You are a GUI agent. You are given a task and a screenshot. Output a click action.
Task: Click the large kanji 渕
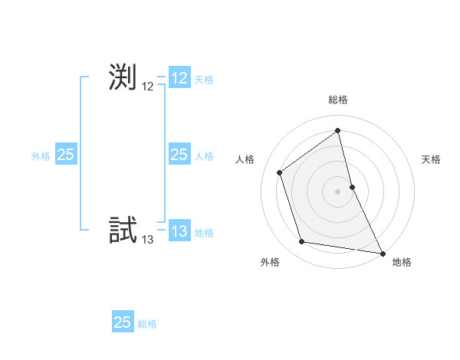[x=123, y=77]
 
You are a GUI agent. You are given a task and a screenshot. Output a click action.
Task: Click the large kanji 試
[x=123, y=231]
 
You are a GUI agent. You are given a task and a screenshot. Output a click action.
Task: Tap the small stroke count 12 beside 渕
[x=148, y=87]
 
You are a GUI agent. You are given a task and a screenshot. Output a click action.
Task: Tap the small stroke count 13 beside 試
[x=148, y=240]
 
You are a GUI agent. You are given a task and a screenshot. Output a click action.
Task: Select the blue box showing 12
[x=179, y=78]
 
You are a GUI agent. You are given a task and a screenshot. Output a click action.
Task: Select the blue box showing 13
[x=179, y=231]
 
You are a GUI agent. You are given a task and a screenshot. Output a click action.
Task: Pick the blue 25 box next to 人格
[x=179, y=155]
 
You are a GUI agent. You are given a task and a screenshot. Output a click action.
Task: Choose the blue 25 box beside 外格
[x=66, y=155]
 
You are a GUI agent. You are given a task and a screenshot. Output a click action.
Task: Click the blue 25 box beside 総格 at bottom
[x=123, y=322]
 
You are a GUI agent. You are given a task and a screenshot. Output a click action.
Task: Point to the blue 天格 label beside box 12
[x=204, y=80]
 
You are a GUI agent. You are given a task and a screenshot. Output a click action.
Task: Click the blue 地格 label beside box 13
[x=204, y=233]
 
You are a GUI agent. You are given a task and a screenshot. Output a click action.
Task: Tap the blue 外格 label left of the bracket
[x=41, y=156]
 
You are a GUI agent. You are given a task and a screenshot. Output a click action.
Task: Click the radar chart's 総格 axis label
[x=338, y=100]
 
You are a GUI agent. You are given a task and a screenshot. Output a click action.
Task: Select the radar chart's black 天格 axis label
[x=431, y=159]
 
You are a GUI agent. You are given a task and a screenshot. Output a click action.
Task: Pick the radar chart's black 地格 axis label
[x=402, y=262]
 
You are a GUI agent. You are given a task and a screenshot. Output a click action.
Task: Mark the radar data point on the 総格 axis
[x=338, y=131]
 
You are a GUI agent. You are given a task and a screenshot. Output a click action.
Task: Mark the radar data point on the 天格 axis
[x=352, y=186]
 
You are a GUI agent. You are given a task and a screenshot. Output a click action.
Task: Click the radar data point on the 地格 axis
[x=383, y=253]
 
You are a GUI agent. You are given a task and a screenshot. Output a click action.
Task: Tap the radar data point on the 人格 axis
[x=280, y=172]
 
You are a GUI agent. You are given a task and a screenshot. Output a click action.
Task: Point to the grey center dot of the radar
[x=338, y=191]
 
